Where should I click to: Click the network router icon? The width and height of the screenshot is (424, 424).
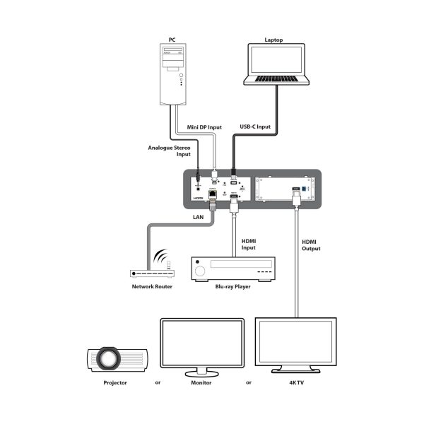(151, 273)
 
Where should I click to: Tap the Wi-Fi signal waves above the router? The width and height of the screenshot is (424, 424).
(160, 256)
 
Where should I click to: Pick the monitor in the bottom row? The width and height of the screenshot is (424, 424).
(202, 346)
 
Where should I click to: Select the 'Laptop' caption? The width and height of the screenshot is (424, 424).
(277, 40)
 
